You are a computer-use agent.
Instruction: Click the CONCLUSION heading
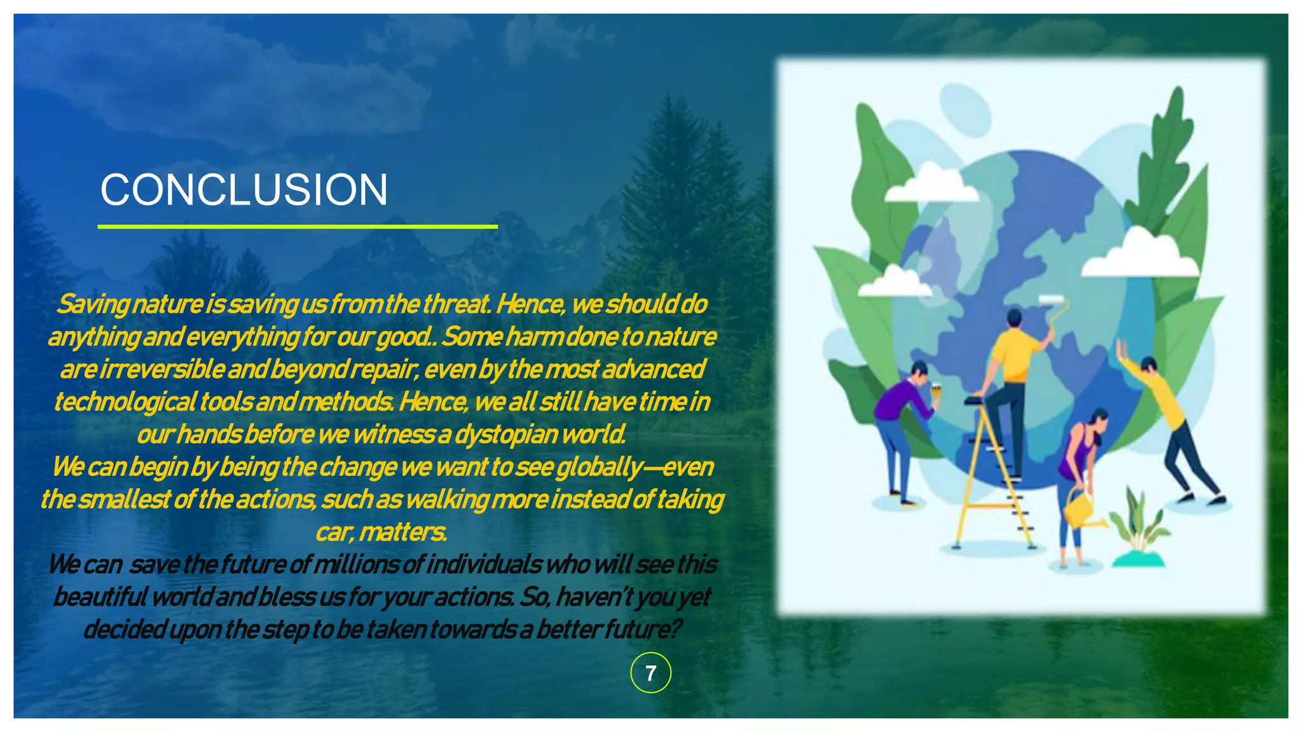tap(243, 190)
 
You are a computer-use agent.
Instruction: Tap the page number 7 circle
tap(650, 673)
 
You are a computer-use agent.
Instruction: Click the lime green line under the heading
tap(298, 226)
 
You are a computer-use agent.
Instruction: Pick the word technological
tap(124, 402)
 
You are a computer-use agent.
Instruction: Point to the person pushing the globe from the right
tap(1170, 426)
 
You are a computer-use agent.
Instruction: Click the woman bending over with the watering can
tap(1081, 464)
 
